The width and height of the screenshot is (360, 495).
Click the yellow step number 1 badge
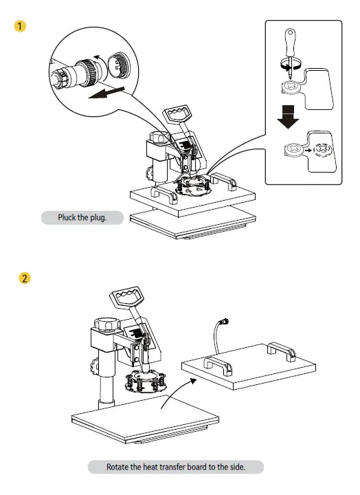click(22, 27)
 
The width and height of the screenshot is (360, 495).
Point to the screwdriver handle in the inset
click(291, 41)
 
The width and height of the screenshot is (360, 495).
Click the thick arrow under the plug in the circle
click(106, 93)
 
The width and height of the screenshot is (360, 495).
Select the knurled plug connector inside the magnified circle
click(87, 69)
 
